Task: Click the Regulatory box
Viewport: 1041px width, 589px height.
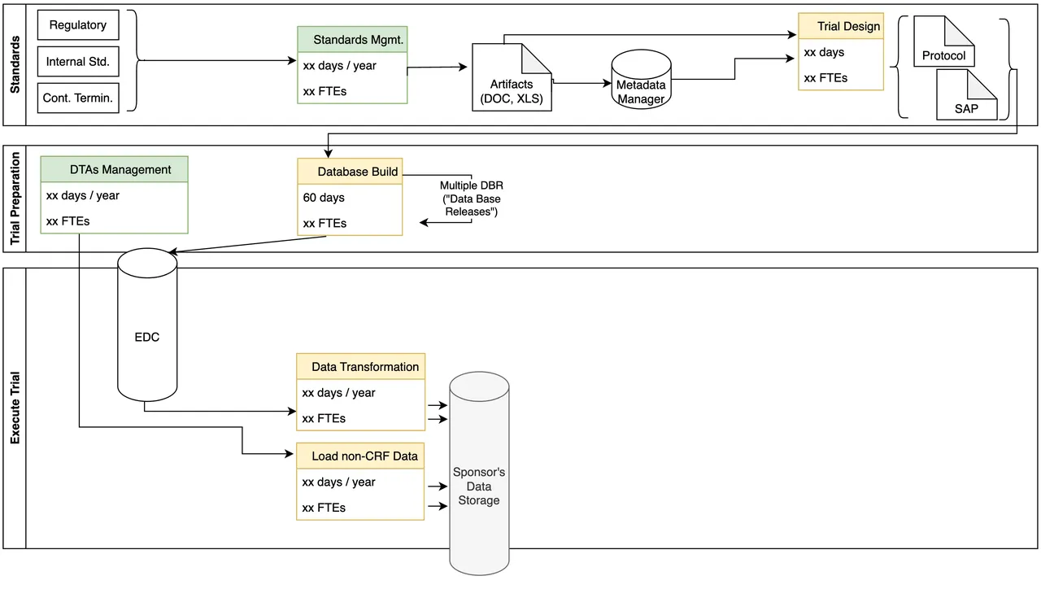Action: point(78,25)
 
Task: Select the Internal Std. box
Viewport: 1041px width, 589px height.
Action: point(78,62)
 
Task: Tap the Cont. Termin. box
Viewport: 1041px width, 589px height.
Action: point(78,98)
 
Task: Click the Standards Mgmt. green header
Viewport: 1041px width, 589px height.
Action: point(352,39)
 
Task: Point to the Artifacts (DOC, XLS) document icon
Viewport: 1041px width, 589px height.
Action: point(512,79)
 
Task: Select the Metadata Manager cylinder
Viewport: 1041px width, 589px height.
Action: point(640,81)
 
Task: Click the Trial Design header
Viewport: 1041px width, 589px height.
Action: point(840,26)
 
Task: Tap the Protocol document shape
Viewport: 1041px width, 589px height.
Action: point(943,45)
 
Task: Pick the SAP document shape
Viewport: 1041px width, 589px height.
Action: point(966,96)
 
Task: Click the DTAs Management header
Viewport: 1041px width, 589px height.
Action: point(114,169)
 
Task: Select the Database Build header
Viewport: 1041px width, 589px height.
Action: point(350,172)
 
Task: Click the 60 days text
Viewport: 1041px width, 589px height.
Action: point(324,198)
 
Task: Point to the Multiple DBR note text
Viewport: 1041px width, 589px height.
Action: point(471,199)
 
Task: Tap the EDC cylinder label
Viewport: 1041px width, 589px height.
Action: point(147,336)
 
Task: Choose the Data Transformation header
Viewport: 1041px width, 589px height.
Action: point(361,367)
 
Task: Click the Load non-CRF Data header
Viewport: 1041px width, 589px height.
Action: point(361,456)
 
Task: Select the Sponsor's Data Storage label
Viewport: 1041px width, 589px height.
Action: point(479,486)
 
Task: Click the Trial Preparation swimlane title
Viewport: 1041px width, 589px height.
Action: point(15,199)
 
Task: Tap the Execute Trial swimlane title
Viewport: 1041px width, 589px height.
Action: point(15,408)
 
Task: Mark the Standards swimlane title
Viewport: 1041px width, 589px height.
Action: point(15,63)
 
